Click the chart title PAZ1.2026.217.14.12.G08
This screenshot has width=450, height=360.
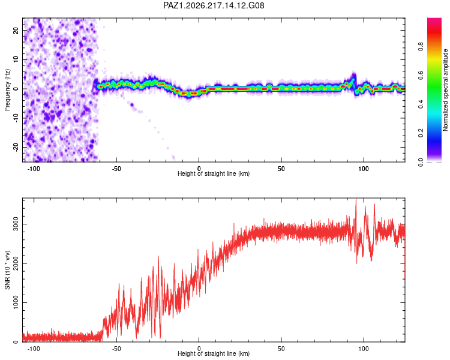tap(214, 5)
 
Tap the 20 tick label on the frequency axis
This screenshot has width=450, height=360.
tap(16, 31)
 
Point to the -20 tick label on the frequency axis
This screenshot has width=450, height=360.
tap(16, 147)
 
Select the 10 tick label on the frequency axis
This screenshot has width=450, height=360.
tap(16, 59)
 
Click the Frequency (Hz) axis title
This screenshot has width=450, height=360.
tap(7, 90)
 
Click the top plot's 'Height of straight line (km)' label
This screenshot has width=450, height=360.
tap(214, 173)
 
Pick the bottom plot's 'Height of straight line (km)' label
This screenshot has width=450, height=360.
tap(214, 353)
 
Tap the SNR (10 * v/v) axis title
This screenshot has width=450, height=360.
tap(7, 270)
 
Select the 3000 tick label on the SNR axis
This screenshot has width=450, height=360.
tap(16, 224)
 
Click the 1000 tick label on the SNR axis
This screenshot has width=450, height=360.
tap(16, 302)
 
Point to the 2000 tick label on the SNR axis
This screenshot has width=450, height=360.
tap(16, 263)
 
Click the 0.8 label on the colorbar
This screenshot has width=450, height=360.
tap(421, 47)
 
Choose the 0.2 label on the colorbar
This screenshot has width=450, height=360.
tap(421, 133)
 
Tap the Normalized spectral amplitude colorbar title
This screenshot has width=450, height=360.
tap(445, 90)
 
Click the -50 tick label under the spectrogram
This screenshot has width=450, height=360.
tap(116, 169)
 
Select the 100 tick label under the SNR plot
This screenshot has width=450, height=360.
tap(364, 349)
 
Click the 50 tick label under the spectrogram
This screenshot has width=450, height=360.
tap(281, 169)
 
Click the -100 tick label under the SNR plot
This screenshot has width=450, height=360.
tap(34, 349)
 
